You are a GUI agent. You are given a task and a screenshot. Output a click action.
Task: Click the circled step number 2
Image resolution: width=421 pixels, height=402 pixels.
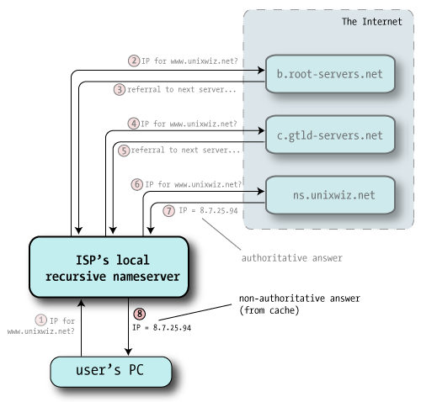[x=133, y=60]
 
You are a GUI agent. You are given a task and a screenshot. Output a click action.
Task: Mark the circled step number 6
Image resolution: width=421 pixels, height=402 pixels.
[x=137, y=183]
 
